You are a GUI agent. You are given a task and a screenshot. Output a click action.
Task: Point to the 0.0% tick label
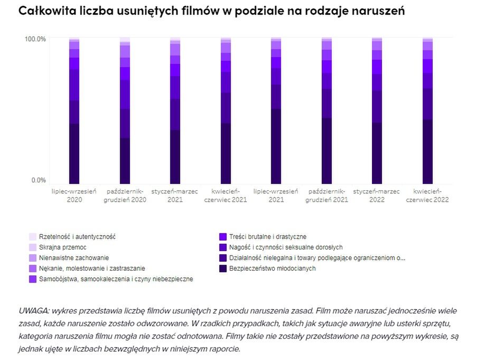pyautogui.click(x=39, y=180)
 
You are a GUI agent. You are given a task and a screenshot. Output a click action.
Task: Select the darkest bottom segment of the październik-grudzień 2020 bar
pyautogui.click(x=125, y=161)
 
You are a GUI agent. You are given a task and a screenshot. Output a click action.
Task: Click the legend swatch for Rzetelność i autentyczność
pyautogui.click(x=33, y=237)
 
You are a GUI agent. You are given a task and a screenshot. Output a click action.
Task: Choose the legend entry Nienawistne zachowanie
pyautogui.click(x=74, y=258)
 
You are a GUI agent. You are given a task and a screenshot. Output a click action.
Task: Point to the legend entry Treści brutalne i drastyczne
pyautogui.click(x=267, y=237)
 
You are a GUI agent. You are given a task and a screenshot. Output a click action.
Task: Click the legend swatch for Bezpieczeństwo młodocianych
pyautogui.click(x=223, y=269)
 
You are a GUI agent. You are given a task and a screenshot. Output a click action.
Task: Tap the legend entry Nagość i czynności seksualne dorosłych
pyautogui.click(x=286, y=247)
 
